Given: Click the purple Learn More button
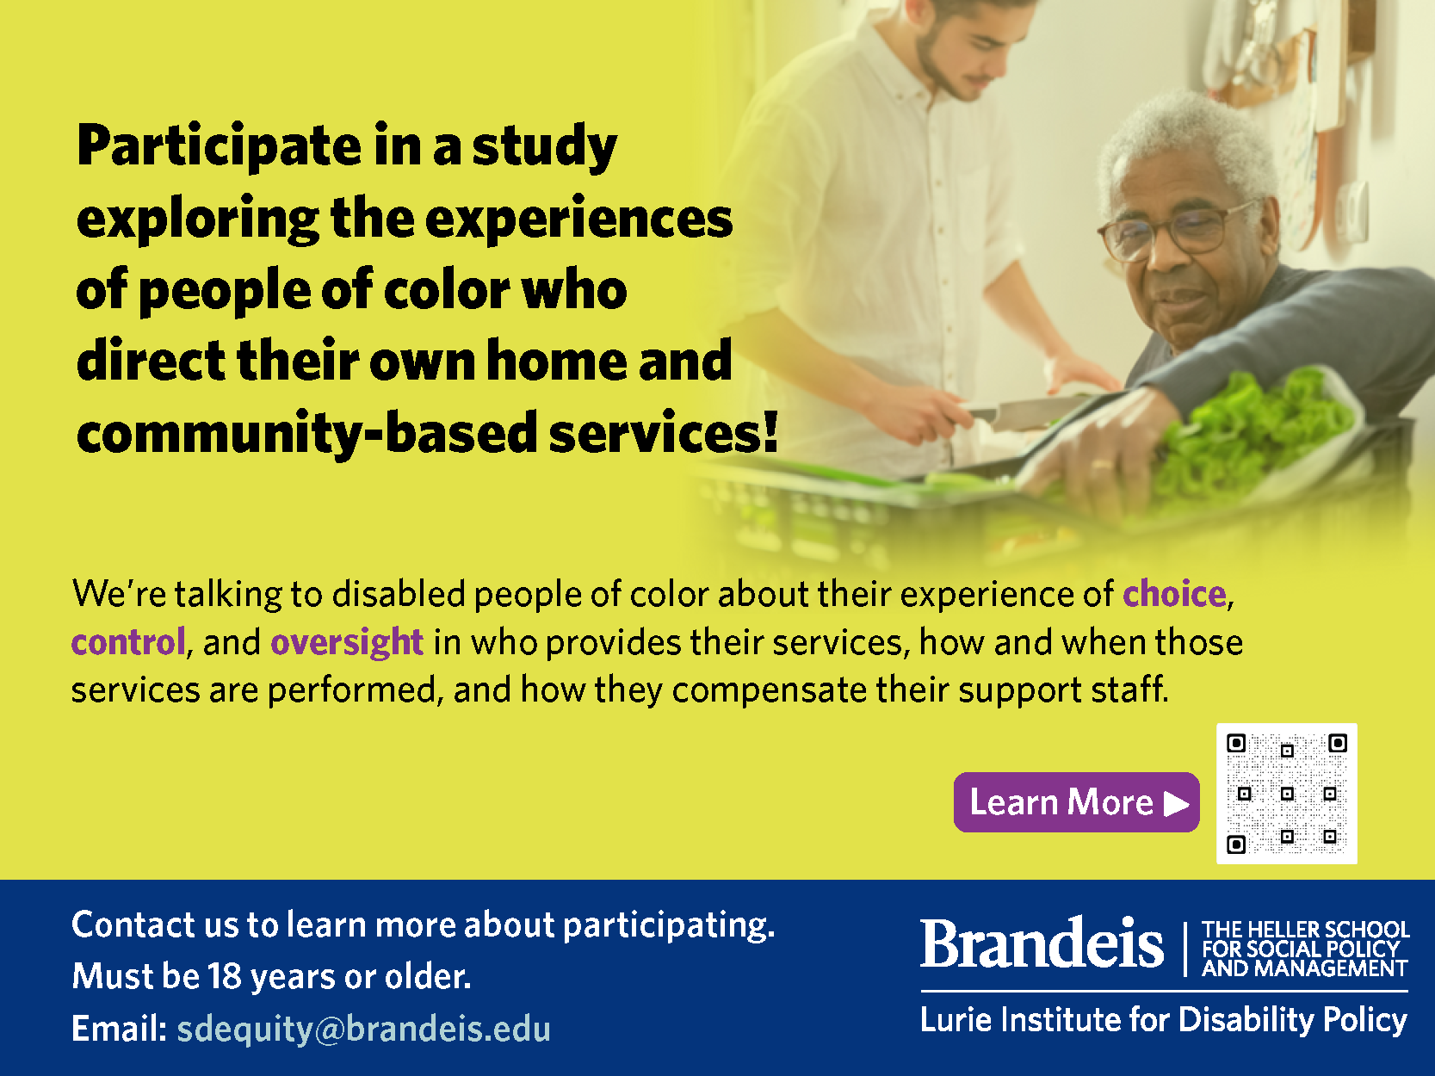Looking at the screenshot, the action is [x=1076, y=802].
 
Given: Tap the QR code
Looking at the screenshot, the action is [x=1287, y=794].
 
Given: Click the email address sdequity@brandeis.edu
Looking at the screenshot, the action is [x=363, y=1030].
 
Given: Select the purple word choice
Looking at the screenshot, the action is [x=1174, y=594].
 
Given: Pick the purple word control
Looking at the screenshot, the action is [x=128, y=642].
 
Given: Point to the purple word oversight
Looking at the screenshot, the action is [x=347, y=643].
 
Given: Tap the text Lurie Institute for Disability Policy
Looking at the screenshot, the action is [x=1164, y=1020].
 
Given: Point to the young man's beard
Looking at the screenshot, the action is [x=948, y=65].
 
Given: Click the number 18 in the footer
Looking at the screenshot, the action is [x=224, y=976].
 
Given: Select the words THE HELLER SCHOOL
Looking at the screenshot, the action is [x=1306, y=929].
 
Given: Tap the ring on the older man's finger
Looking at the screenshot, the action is [x=1102, y=465].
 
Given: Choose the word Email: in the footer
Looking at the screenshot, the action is [x=120, y=1029].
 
